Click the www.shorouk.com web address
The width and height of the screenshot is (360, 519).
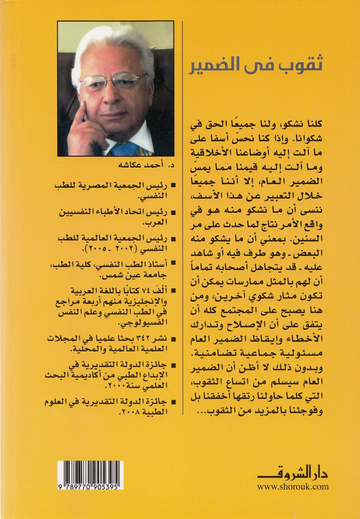292,486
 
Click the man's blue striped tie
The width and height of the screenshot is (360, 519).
131,147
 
